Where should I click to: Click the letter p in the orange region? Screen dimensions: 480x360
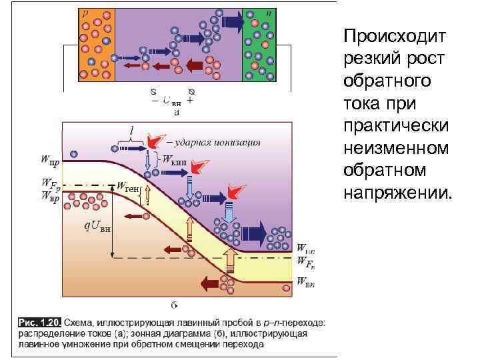coord(85,13)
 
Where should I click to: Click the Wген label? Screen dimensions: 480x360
coord(127,189)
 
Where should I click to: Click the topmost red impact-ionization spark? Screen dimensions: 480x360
coord(155,140)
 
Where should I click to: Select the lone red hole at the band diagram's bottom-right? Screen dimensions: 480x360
coord(287,288)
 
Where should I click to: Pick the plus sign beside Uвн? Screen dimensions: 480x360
coord(191,101)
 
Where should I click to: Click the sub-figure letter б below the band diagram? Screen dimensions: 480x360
coord(174,306)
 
